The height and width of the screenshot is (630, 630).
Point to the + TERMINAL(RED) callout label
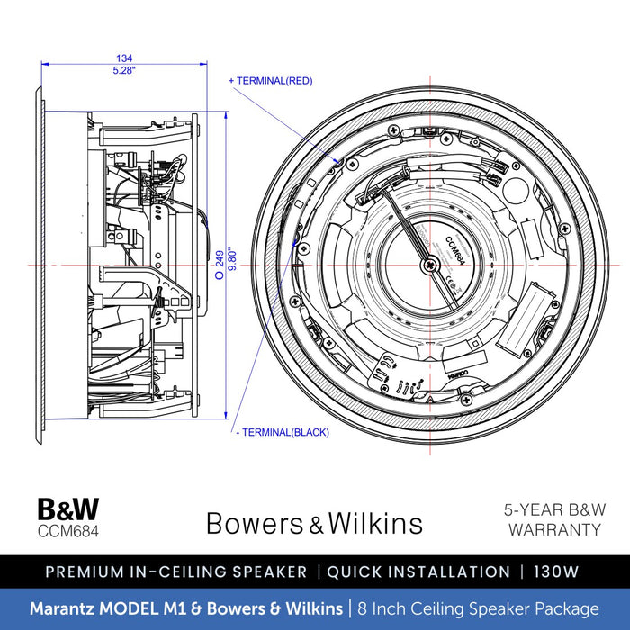click(271, 81)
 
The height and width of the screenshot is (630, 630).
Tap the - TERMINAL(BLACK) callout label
click(281, 432)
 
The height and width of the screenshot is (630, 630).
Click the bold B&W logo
click(68, 509)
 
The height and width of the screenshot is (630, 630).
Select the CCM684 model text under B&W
click(68, 530)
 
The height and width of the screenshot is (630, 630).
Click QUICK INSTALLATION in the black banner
click(418, 571)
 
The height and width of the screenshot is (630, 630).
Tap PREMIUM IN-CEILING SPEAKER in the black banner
click(175, 571)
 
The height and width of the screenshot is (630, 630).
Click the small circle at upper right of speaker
click(516, 192)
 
